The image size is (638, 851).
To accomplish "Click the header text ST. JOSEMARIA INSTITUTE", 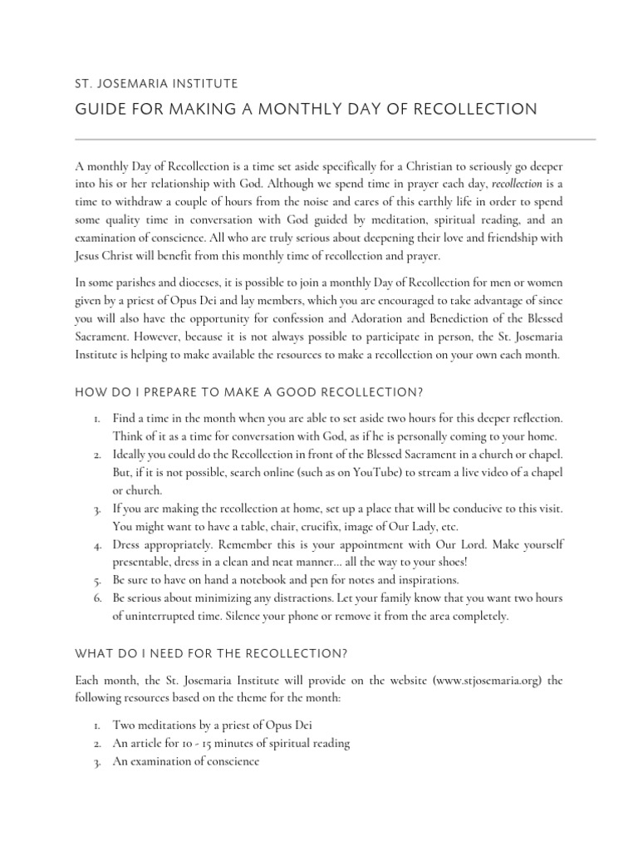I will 156,83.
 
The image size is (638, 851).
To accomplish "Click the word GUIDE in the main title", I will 100,110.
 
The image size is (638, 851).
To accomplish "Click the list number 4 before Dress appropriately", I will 97,544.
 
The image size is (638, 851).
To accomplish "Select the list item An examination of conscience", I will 186,760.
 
